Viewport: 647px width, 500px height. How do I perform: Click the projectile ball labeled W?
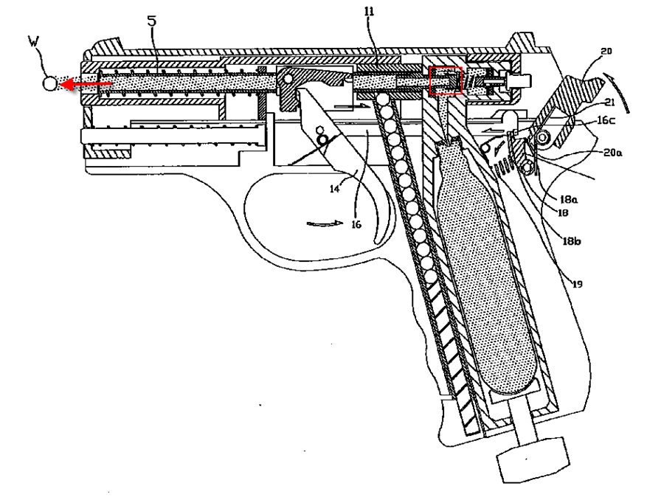[x=49, y=84]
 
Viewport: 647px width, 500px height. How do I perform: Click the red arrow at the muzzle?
[x=86, y=85]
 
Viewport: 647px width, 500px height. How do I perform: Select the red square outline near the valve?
[x=446, y=80]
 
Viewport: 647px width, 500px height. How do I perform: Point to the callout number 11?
[x=369, y=11]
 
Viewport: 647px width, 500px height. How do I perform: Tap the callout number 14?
[x=334, y=189]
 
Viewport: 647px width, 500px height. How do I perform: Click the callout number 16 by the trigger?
[x=356, y=224]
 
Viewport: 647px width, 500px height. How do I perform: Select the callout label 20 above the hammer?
[x=606, y=51]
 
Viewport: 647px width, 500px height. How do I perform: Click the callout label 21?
[x=610, y=103]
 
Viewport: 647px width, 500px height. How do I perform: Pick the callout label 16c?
[x=606, y=120]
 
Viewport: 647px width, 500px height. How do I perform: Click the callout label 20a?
[x=613, y=152]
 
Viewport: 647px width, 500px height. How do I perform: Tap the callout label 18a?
[x=569, y=200]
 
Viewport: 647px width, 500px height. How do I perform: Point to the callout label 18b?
[x=572, y=241]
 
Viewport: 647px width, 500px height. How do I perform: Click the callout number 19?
[x=577, y=284]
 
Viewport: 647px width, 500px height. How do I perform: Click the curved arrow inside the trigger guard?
[x=325, y=223]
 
